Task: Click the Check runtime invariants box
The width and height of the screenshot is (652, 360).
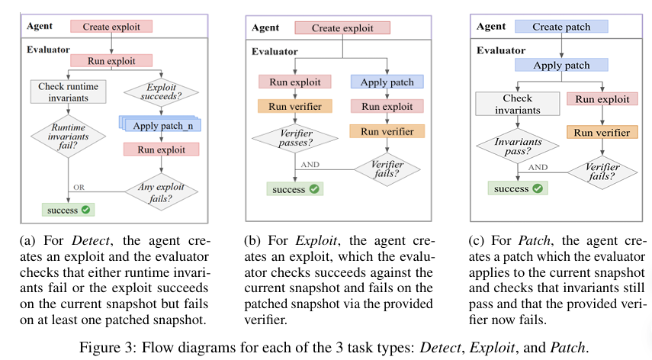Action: (69, 91)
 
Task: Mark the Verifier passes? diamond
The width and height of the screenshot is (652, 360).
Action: (294, 137)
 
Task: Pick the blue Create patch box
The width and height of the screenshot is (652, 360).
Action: (561, 27)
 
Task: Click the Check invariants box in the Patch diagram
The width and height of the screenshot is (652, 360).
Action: (517, 104)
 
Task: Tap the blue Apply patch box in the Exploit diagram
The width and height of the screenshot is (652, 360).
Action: (387, 81)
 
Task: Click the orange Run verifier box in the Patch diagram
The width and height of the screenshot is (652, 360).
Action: (603, 132)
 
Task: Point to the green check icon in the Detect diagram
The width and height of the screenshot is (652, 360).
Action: (87, 209)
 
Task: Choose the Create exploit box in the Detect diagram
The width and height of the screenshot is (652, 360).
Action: (111, 26)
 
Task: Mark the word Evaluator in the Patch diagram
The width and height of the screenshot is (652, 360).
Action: (501, 50)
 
